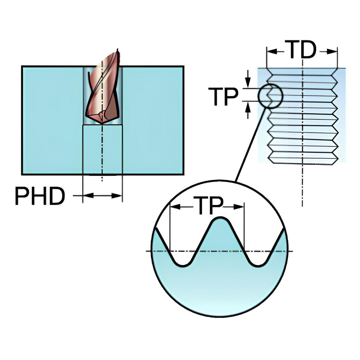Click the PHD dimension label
click(40, 196)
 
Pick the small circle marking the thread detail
click(270, 96)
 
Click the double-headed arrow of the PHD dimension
click(103, 195)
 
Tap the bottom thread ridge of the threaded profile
click(302, 157)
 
